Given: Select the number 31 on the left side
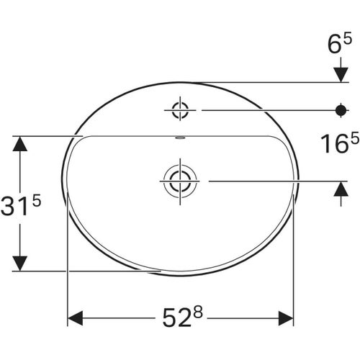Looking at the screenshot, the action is click(15, 206).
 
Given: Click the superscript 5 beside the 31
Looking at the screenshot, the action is click(36, 201).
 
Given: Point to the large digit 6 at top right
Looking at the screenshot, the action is click(335, 45).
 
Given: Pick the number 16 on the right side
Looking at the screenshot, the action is click(335, 144).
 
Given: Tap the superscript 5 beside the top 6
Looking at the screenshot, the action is click(347, 38).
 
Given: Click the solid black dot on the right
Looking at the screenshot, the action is click(341, 110).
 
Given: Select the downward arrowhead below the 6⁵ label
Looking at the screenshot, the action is click(341, 75).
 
